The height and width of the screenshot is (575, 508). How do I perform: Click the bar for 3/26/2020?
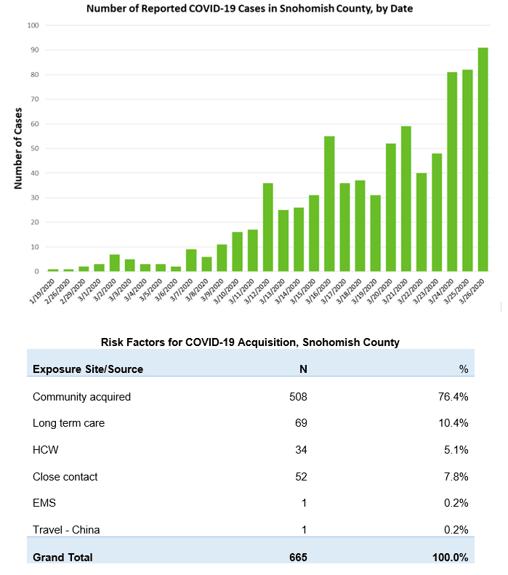[483, 160]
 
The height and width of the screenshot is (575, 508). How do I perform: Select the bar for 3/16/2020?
[329, 204]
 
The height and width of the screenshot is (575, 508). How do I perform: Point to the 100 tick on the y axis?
[33, 25]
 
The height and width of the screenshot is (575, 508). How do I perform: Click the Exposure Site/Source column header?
[88, 369]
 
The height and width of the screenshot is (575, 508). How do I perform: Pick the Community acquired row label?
[81, 397]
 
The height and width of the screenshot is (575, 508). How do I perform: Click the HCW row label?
[46, 450]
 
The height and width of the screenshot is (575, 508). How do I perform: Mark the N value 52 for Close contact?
[300, 477]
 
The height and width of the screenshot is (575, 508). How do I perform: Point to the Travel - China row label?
[66, 530]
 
